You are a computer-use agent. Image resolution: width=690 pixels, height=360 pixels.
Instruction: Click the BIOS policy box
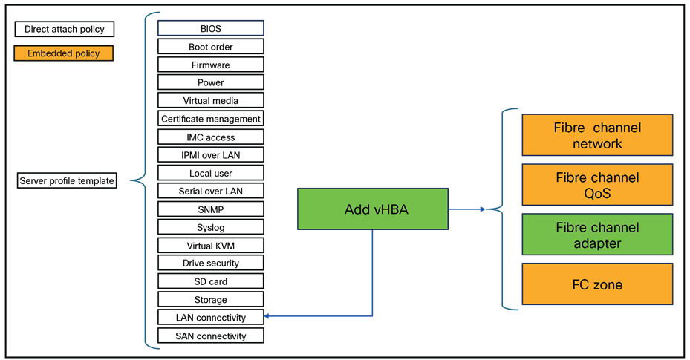tap(210, 28)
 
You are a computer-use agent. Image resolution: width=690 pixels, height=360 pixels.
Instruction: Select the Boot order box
tap(210, 47)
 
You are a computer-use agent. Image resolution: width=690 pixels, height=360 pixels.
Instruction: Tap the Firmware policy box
tap(210, 65)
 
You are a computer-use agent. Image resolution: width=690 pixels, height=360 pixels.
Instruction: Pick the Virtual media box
tap(210, 100)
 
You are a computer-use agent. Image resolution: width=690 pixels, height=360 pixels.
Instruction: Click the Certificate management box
tap(210, 119)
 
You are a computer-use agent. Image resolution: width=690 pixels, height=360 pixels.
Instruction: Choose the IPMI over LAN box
tap(210, 155)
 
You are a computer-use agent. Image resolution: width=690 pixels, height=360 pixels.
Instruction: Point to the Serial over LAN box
tap(210, 191)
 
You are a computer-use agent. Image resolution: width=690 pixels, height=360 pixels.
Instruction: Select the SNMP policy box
tap(210, 209)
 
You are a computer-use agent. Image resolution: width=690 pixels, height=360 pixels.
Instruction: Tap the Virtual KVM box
tap(210, 245)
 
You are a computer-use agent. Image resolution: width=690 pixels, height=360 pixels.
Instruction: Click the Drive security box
tap(210, 263)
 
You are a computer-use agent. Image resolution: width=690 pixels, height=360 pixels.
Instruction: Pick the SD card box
tap(210, 281)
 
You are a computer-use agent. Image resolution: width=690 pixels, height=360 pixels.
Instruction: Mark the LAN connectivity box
tap(210, 317)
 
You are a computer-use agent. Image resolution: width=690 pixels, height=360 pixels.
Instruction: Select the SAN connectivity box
tap(210, 336)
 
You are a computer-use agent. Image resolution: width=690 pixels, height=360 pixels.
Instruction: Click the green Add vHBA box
tap(373, 209)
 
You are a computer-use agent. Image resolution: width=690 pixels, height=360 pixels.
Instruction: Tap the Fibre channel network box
tap(597, 135)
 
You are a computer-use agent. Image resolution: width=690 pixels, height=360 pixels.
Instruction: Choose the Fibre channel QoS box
tap(597, 185)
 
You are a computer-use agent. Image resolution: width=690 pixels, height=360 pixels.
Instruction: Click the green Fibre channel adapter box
tap(597, 235)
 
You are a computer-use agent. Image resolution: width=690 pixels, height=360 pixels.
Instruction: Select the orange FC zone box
tap(597, 284)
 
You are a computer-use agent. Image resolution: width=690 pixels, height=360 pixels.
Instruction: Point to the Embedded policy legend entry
tap(64, 53)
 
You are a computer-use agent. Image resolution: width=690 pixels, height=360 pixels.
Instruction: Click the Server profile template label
tap(67, 180)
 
